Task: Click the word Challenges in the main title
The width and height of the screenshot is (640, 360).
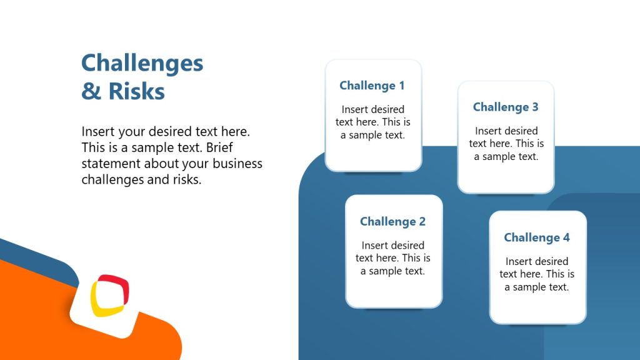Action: pyautogui.click(x=142, y=64)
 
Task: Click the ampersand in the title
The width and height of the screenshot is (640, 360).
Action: pyautogui.click(x=91, y=91)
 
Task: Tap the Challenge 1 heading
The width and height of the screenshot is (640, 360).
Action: pyautogui.click(x=372, y=86)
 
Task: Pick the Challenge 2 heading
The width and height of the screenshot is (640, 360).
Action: pyautogui.click(x=392, y=222)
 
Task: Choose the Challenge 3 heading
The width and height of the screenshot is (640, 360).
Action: pyautogui.click(x=505, y=107)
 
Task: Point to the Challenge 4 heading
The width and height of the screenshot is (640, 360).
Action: pyautogui.click(x=537, y=237)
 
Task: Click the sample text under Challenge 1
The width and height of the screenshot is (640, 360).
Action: pyautogui.click(x=372, y=122)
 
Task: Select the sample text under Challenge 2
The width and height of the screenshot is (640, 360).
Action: pyautogui.click(x=392, y=258)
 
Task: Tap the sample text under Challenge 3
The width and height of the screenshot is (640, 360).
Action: pyautogui.click(x=506, y=144)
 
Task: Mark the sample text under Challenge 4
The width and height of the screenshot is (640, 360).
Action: pyautogui.click(x=537, y=274)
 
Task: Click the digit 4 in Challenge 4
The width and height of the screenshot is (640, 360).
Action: pyautogui.click(x=566, y=237)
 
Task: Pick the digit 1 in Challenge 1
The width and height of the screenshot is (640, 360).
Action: pyautogui.click(x=401, y=86)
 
